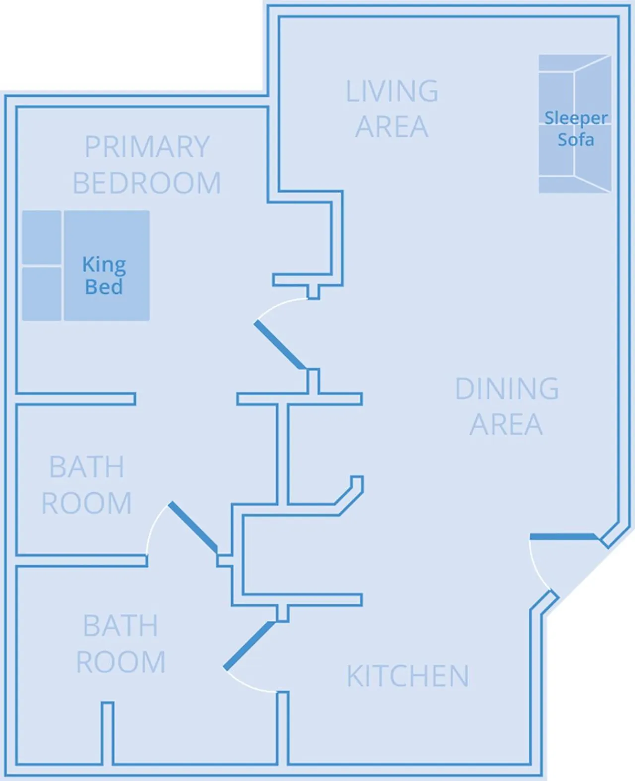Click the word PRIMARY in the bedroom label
(x=147, y=147)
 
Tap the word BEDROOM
(x=147, y=183)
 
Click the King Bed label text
(x=104, y=275)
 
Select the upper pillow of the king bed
(x=42, y=237)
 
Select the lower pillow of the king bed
(x=42, y=293)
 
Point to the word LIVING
(x=392, y=91)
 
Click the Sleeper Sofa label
(x=575, y=129)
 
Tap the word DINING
(x=507, y=389)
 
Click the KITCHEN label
(x=408, y=676)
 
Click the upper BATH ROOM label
(x=87, y=485)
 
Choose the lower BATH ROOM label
(x=121, y=644)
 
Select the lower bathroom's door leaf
(x=249, y=646)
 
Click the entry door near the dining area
(x=563, y=536)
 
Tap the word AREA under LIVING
(x=392, y=127)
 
